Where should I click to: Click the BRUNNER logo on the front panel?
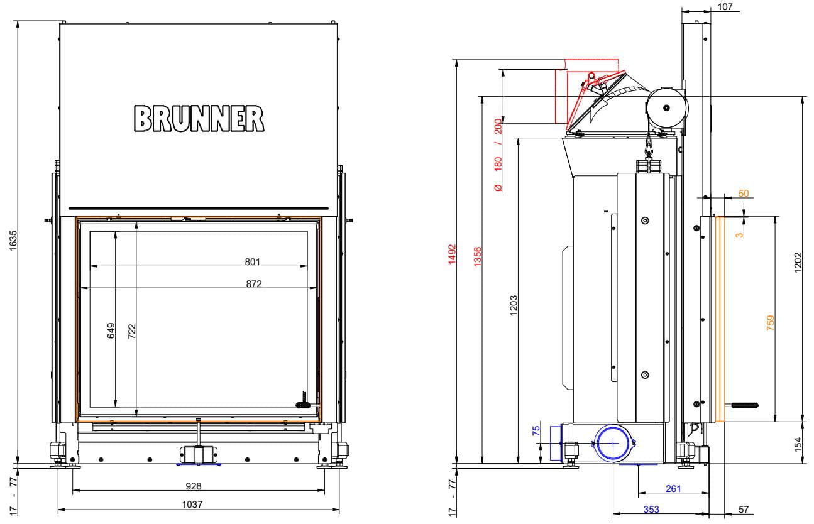coord(199,118)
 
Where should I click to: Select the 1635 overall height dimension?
coord(13,241)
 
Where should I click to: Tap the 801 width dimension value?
coord(253,261)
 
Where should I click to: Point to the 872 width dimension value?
coord(254,283)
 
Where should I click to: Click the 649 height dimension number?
coord(111,330)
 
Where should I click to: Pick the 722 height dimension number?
coord(131,331)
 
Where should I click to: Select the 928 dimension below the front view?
coord(194,486)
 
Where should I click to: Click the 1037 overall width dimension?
coord(192,504)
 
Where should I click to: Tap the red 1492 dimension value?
coord(452,254)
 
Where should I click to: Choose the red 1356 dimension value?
coord(478,256)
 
